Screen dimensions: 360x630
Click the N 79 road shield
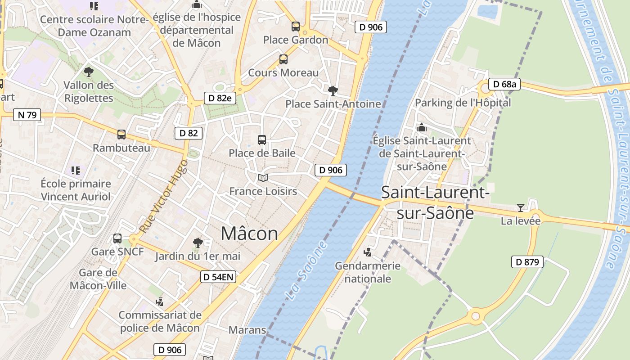pos(27,115)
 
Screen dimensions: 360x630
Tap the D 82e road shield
pos(220,98)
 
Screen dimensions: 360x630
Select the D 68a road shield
pos(504,84)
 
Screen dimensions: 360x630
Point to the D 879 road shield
pos(527,262)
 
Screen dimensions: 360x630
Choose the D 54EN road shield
pos(218,277)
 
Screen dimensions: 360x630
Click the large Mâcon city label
pos(249,234)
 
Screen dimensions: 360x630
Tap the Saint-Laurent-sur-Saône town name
pos(435,202)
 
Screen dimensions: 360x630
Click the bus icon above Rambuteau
pos(121,134)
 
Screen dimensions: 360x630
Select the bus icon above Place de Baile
pos(262,140)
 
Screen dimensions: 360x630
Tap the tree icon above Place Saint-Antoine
pos(333,91)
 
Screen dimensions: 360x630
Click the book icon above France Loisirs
pos(263,178)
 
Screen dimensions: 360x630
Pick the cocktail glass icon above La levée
pos(521,207)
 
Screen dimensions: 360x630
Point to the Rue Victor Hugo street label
pos(163,197)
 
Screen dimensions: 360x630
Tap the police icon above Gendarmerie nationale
pos(368,252)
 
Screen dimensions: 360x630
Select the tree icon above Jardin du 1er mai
pos(198,243)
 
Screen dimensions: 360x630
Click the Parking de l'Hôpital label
pos(463,103)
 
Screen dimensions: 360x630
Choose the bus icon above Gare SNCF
pos(117,238)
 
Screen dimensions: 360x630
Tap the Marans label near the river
pos(247,330)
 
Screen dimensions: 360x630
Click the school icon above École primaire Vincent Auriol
pos(76,171)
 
